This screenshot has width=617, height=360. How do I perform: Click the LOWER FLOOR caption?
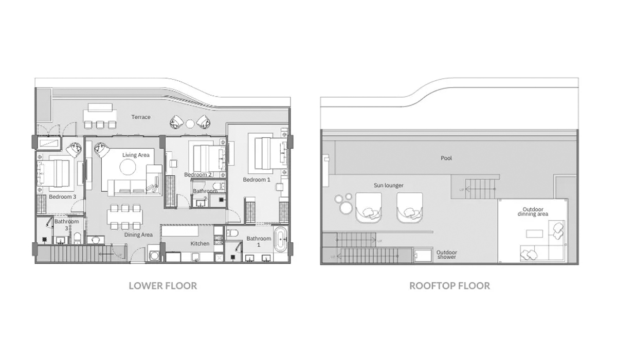[162, 285]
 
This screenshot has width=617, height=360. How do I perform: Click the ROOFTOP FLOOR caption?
[449, 285]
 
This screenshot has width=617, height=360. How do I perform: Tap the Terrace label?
[141, 117]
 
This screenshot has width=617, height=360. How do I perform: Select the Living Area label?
[136, 155]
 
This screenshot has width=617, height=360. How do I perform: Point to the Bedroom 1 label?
[257, 180]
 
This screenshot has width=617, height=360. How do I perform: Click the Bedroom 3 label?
[63, 197]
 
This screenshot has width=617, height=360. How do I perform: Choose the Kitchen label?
[200, 244]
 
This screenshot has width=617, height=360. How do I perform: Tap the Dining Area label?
[139, 235]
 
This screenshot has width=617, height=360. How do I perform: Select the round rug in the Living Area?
[128, 167]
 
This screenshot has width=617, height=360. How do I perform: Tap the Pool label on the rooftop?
[446, 158]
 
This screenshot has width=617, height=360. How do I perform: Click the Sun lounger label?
[389, 185]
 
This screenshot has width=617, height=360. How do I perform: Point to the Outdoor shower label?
[446, 255]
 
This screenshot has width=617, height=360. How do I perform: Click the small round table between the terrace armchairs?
[190, 123]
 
